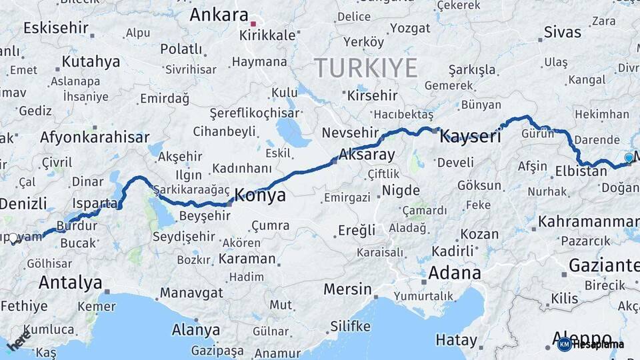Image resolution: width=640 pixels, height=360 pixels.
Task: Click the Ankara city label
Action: point(219,15)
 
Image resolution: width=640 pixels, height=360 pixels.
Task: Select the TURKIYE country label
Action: point(366,68)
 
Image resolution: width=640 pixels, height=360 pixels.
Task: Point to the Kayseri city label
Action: point(470,137)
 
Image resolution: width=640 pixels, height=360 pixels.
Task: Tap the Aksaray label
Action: point(367,155)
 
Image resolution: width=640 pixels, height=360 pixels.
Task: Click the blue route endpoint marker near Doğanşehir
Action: point(629,158)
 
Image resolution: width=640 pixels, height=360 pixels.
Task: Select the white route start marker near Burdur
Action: point(13,238)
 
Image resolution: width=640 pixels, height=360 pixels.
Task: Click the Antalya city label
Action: point(70,282)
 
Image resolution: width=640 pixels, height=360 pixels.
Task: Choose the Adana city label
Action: point(454,272)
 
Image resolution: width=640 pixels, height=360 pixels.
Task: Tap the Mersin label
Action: point(347,289)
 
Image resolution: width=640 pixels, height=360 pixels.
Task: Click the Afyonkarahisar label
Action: point(95,137)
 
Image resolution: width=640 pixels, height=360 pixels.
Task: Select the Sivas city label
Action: point(562,31)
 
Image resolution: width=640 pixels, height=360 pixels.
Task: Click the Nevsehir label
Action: point(350,133)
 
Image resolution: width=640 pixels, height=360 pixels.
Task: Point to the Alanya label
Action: point(196,329)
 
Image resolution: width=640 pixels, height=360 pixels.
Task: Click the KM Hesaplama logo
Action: point(590,344)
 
